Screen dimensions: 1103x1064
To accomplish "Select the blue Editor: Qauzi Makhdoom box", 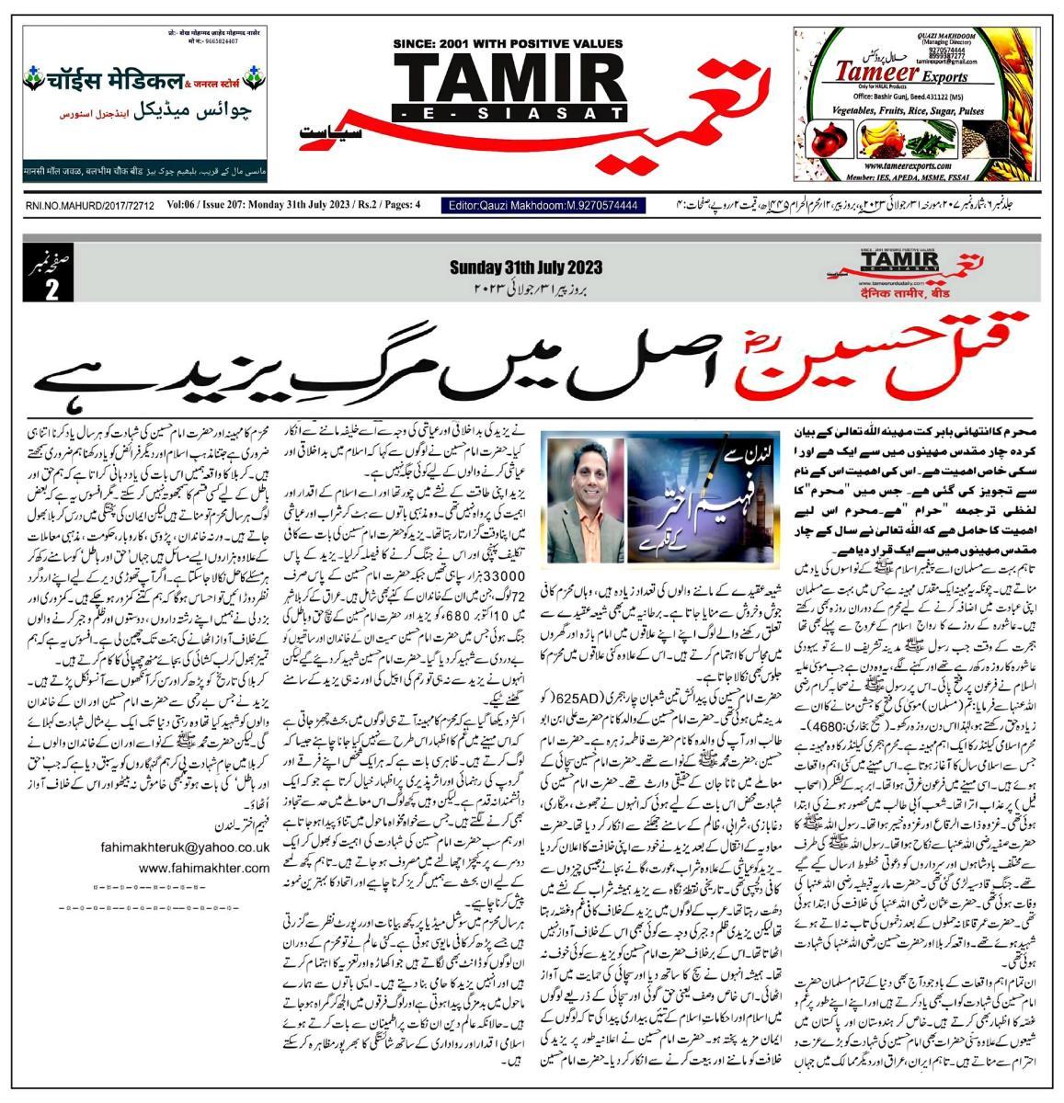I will (x=543, y=206).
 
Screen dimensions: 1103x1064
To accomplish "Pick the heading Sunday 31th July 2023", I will (x=525, y=267).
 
